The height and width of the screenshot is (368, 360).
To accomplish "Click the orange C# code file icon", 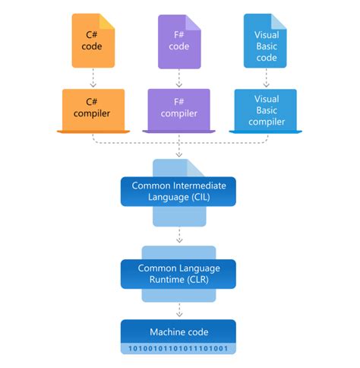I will tap(93, 41).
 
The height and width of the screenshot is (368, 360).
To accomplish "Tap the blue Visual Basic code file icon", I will tap(265, 41).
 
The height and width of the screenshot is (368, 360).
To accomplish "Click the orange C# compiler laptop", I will tap(93, 109).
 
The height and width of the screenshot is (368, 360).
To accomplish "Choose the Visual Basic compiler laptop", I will tap(265, 109).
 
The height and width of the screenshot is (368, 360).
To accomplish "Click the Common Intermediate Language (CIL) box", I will tap(178, 191).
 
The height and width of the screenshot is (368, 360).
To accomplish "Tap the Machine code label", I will tap(178, 332).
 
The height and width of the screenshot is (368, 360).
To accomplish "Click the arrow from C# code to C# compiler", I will tap(93, 78).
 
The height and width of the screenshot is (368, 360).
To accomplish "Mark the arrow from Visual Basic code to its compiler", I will tap(265, 78).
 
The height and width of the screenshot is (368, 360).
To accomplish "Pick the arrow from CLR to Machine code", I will tap(178, 309).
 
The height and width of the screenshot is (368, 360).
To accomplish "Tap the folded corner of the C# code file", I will tap(108, 20).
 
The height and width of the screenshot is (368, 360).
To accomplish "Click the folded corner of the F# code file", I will tap(193, 20).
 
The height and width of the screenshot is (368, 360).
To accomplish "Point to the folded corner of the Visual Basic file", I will tap(279, 20).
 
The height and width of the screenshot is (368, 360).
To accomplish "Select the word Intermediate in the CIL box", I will tap(191, 185).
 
